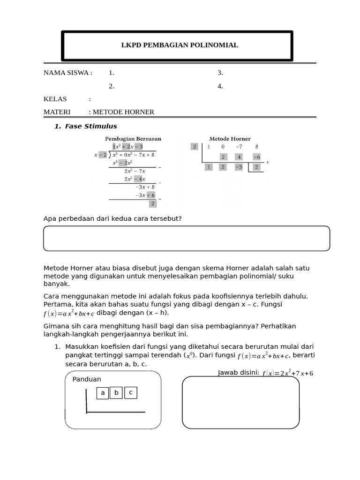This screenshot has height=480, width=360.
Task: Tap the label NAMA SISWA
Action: pyautogui.click(x=67, y=73)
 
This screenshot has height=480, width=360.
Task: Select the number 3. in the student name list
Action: pyautogui.click(x=220, y=73)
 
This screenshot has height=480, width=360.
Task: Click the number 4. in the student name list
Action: pyautogui.click(x=220, y=86)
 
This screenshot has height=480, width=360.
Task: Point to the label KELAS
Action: pyautogui.click(x=55, y=99)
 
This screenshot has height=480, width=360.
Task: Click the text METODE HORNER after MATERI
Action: pyautogui.click(x=123, y=112)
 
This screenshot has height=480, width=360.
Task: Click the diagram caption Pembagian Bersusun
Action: pyautogui.click(x=133, y=139)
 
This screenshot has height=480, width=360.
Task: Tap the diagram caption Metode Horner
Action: pyautogui.click(x=230, y=139)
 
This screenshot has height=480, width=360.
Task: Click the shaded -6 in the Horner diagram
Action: pyautogui.click(x=256, y=157)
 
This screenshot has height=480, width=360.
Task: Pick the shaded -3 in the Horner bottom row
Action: pyautogui.click(x=239, y=167)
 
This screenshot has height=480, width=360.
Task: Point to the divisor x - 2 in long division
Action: pyautogui.click(x=101, y=155)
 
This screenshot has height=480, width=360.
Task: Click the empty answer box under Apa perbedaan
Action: pyautogui.click(x=187, y=239)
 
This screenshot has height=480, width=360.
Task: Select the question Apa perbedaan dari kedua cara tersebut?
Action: pyautogui.click(x=112, y=219)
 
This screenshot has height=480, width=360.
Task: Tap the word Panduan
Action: pyautogui.click(x=87, y=379)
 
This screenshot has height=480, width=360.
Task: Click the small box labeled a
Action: pyautogui.click(x=103, y=393)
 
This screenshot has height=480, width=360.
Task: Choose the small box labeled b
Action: pyautogui.click(x=117, y=393)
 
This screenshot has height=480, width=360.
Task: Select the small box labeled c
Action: pyautogui.click(x=131, y=393)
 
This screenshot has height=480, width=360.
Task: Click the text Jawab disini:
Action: pyautogui.click(x=238, y=373)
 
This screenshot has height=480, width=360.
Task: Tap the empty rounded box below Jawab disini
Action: pyautogui.click(x=240, y=402)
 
